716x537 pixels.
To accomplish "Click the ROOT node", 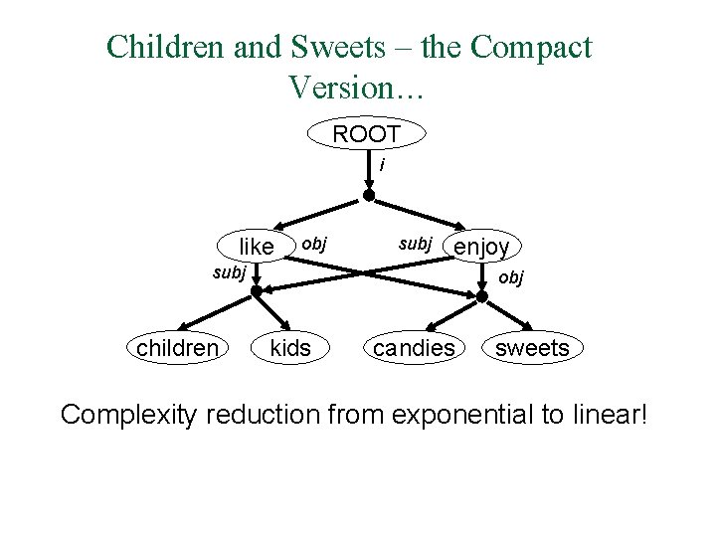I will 367,134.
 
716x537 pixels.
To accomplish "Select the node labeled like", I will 257,246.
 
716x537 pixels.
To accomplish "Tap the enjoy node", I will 482,246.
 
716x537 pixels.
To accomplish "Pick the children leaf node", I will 177,348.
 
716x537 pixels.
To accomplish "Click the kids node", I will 290,348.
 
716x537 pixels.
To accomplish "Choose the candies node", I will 414,348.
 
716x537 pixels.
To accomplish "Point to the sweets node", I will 532,348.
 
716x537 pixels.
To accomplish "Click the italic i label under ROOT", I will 381,165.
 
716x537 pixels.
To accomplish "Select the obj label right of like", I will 313,243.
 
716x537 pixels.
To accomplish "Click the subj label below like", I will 229,272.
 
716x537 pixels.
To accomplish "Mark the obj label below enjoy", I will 510,277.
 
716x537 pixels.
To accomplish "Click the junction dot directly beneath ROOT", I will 369,196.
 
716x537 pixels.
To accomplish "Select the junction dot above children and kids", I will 256,291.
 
